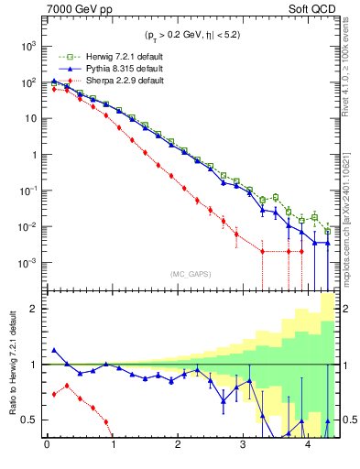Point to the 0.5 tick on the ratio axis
30,420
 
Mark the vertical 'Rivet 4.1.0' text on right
352,64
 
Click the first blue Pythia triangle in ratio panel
54,350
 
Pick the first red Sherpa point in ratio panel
54,394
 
